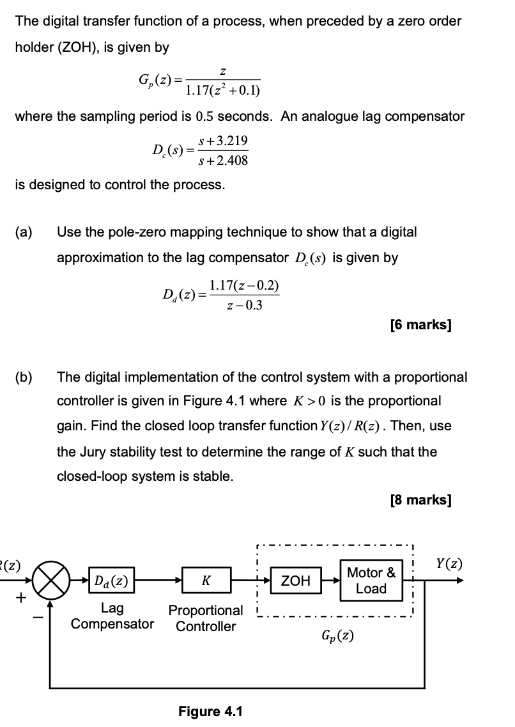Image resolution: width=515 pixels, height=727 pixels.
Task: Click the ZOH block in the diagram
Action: [x=296, y=581]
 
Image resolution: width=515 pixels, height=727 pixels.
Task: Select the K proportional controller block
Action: [x=206, y=581]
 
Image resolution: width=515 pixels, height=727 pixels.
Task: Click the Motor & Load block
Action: [x=371, y=581]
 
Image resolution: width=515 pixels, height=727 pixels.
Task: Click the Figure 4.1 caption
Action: [x=210, y=711]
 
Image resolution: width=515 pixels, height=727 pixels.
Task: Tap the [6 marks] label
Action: [x=420, y=325]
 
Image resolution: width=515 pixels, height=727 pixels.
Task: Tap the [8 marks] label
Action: [x=420, y=499]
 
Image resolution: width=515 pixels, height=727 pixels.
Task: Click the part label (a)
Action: [x=25, y=232]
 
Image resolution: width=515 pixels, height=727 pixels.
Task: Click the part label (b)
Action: [x=25, y=377]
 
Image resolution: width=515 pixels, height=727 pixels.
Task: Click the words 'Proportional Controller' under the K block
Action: [x=206, y=618]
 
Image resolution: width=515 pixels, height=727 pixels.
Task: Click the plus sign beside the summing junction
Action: [x=21, y=598]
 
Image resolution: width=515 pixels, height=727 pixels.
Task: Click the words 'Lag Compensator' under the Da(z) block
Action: [x=112, y=616]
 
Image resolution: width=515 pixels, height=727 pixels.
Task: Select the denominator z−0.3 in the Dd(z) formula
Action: [x=244, y=305]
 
